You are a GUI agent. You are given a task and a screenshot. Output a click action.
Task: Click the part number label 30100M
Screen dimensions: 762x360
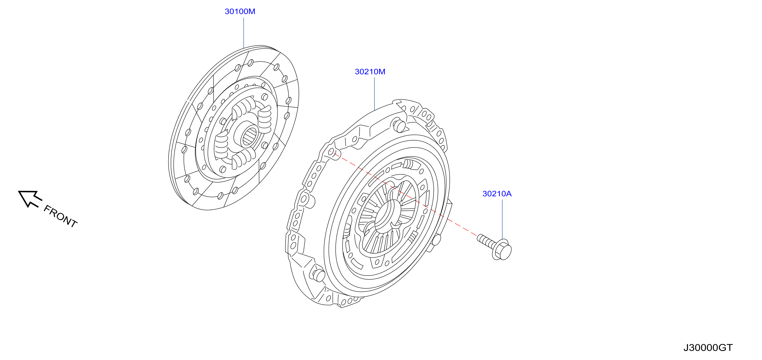click(x=240, y=12)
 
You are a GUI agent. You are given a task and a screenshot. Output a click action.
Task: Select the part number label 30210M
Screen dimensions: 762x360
click(x=370, y=72)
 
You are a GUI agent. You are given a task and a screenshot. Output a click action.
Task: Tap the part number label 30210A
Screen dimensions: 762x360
click(x=497, y=194)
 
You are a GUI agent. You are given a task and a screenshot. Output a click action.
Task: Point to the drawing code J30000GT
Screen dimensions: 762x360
click(x=708, y=348)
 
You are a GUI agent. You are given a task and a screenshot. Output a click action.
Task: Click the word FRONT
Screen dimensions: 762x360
click(x=60, y=216)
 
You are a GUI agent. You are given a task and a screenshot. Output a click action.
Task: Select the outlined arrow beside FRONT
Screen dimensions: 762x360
click(x=30, y=198)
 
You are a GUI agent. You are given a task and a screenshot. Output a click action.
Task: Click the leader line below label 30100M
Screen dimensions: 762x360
click(x=244, y=33)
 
